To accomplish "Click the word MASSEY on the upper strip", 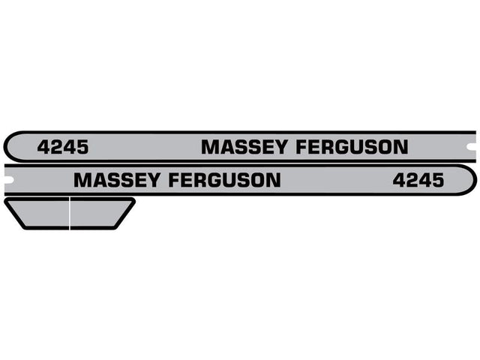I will click(246, 147).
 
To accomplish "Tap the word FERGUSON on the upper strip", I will click(352, 147).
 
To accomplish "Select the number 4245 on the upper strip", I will click(62, 148).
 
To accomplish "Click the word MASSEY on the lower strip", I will click(118, 180).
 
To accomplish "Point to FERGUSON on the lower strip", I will click(225, 180).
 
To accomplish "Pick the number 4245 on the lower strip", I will click(418, 180).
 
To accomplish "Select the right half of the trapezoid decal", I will click(97, 213).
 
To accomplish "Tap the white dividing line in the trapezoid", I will click(70, 213).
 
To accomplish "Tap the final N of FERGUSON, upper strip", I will click(400, 147).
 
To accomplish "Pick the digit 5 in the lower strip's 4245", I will click(437, 180).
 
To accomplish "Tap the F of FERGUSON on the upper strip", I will click(302, 147).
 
